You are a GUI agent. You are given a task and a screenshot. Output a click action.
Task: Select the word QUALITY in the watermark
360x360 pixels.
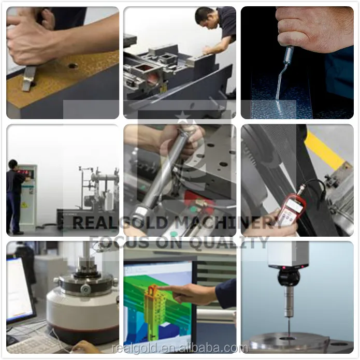coord(229,242)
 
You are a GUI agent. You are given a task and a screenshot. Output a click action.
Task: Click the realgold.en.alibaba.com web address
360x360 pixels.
coord(180,348)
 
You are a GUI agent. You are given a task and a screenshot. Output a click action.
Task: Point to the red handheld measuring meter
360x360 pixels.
coord(292,209)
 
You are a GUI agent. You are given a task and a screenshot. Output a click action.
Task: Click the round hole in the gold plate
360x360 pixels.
coord(73,66)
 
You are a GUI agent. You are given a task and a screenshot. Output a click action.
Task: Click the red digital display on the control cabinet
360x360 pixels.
coord(23,172)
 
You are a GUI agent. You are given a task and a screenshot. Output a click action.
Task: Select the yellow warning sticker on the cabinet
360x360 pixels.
coord(24,205)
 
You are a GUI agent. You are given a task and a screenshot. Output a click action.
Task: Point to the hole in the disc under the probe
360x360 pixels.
coord(289,338)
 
